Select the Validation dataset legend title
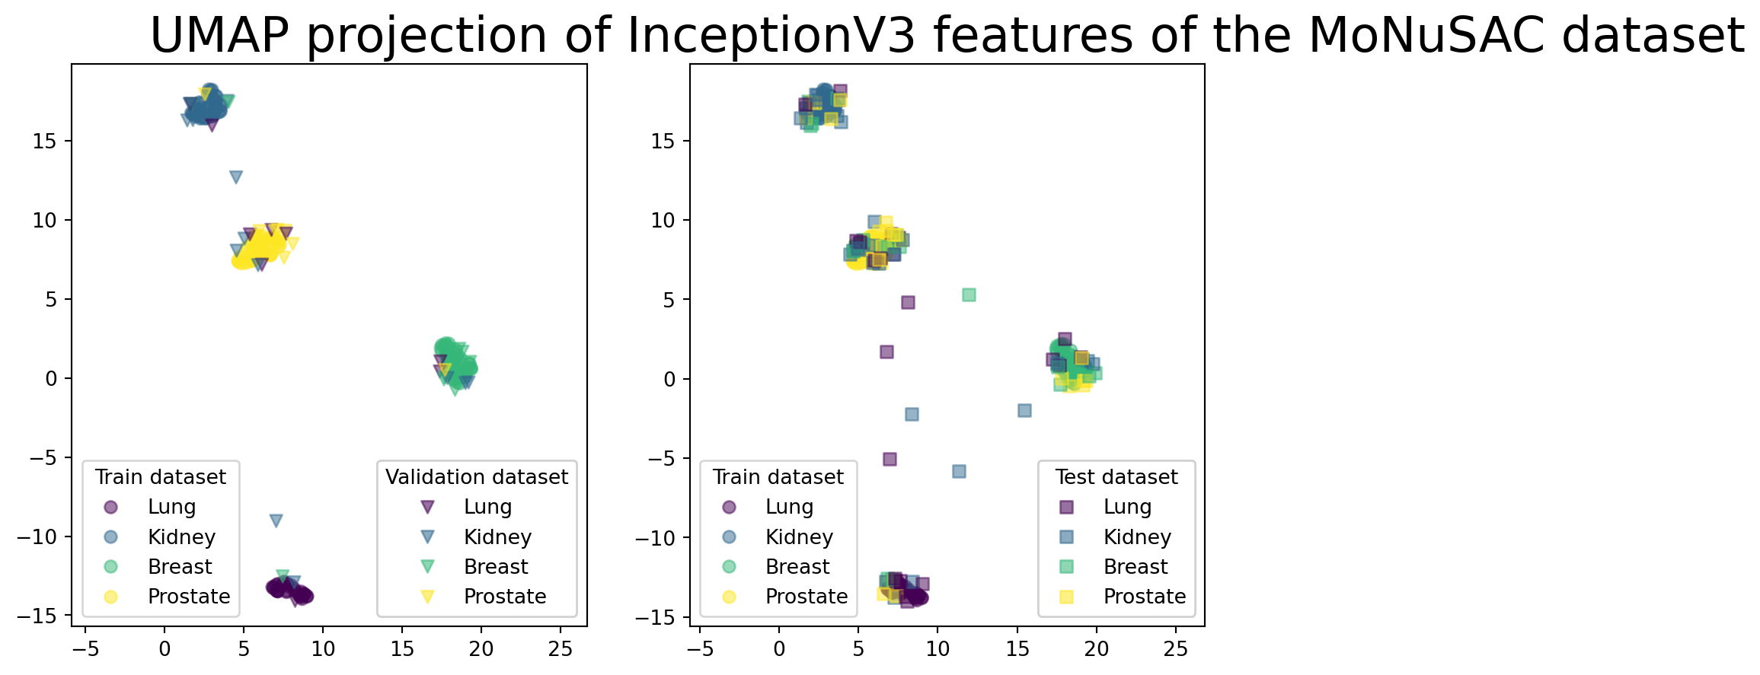coord(476,477)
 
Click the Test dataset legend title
coord(1116,477)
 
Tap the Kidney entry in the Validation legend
coord(497,537)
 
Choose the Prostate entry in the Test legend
coord(1145,597)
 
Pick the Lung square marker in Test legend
coord(1066,508)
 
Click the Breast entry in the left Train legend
coord(180,567)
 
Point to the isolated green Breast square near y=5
coord(969,295)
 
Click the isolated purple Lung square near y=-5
coord(890,459)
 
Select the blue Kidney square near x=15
coord(1024,410)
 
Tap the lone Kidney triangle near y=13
coord(236,177)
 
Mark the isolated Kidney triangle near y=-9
coord(276,521)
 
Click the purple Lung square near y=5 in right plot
coord(908,302)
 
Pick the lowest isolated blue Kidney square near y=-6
coord(959,471)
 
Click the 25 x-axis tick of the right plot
coord(1176,649)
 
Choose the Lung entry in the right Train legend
coord(789,507)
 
